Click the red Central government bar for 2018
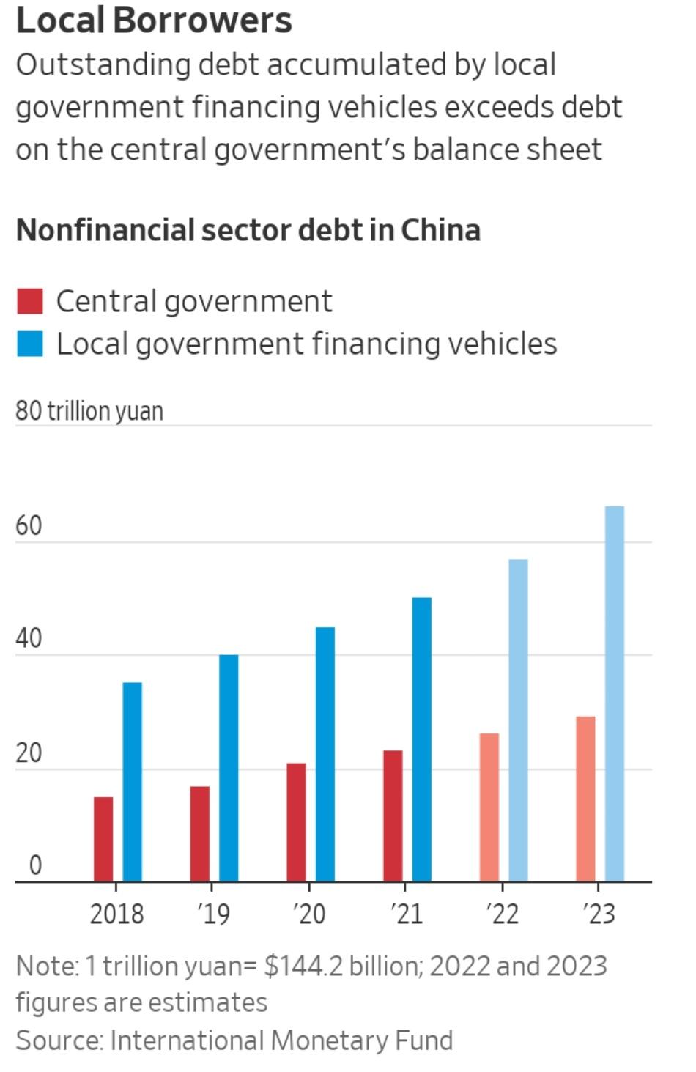(103, 839)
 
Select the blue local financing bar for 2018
(132, 782)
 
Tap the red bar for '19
(199, 834)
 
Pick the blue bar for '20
(325, 754)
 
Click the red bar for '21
(393, 816)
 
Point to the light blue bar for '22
(518, 720)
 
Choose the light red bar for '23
(585, 799)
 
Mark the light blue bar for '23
(615, 693)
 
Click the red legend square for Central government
(30, 301)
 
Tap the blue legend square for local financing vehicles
(30, 344)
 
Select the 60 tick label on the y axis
(29, 525)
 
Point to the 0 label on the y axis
(35, 865)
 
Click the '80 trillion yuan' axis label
(89, 411)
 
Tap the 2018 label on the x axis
(116, 914)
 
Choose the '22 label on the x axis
(503, 914)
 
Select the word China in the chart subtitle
(440, 230)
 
